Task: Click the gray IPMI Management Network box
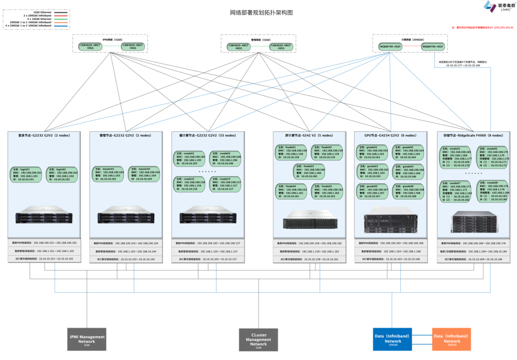87,339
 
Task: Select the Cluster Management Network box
258,339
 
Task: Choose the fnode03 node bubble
309,171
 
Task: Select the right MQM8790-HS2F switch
433,46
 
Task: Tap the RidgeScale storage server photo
473,222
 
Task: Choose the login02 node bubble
63,174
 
